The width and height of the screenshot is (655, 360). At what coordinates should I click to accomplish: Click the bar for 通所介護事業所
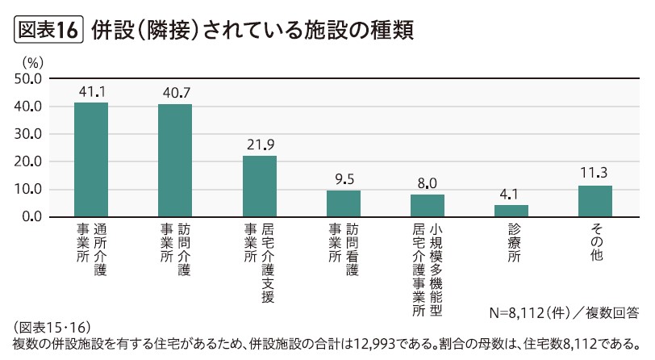click(x=91, y=160)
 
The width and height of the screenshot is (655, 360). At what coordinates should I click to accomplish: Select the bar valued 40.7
click(x=175, y=161)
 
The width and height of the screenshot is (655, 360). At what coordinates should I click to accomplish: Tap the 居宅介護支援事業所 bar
click(x=259, y=186)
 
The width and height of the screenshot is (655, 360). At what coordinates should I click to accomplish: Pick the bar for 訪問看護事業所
click(x=343, y=203)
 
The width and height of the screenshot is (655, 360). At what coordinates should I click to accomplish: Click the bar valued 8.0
click(x=427, y=206)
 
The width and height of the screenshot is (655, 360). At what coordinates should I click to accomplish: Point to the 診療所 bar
click(x=511, y=211)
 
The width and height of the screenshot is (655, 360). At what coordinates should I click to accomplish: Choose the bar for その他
click(x=595, y=201)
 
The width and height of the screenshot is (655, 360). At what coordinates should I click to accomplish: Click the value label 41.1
click(x=92, y=92)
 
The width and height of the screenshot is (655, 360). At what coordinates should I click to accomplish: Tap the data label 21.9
click(x=260, y=144)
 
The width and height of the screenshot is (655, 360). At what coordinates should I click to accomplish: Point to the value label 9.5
click(x=343, y=179)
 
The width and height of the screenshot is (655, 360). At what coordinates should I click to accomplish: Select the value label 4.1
click(x=511, y=194)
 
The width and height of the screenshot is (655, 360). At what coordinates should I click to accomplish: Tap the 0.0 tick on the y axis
click(x=31, y=217)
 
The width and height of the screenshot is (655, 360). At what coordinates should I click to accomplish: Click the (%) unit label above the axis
click(x=32, y=61)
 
